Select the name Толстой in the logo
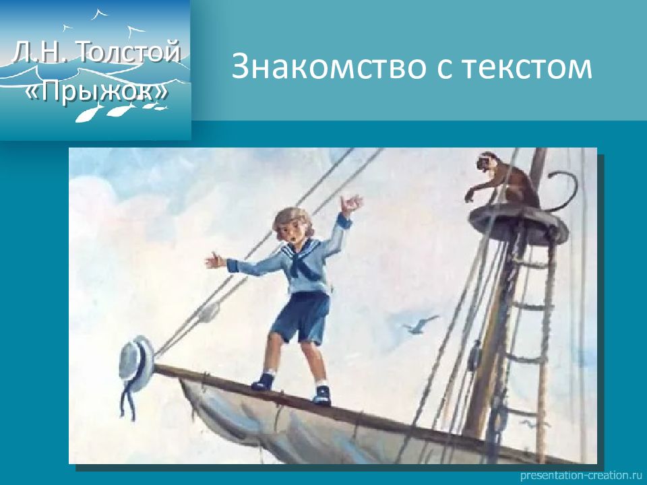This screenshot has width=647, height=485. (129, 53)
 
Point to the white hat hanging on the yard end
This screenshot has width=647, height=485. (136, 358)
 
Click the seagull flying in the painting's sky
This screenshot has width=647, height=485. (421, 323)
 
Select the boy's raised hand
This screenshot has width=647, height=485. (350, 205)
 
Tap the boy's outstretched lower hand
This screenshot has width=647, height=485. (216, 261)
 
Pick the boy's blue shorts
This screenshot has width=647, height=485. (301, 317)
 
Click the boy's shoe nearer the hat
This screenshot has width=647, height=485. (263, 382)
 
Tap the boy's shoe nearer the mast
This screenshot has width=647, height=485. (322, 395)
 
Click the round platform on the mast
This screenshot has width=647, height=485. (518, 223)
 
